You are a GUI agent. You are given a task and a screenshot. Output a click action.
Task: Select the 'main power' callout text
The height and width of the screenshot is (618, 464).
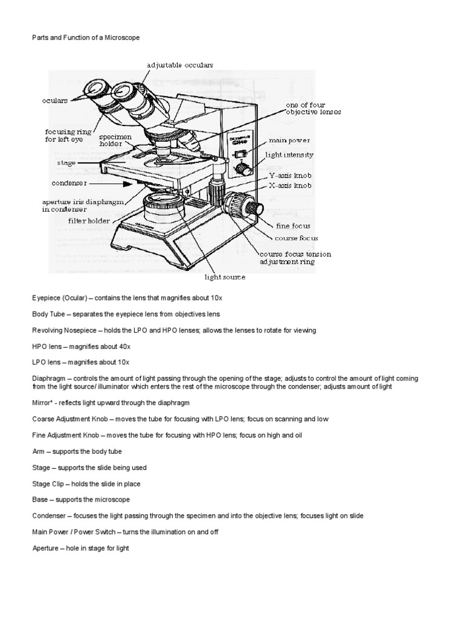click(294, 140)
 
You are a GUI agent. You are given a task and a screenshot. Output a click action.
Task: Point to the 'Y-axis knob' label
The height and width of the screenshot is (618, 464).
click(289, 175)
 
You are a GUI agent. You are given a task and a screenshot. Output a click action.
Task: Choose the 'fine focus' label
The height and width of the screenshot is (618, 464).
click(293, 226)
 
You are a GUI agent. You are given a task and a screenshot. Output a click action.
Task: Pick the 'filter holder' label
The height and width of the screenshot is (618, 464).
click(89, 221)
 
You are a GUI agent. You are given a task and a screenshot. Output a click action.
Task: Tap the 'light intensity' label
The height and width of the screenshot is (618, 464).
click(289, 155)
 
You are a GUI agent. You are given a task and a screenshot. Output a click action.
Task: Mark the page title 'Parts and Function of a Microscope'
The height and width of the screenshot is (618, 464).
click(85, 37)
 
